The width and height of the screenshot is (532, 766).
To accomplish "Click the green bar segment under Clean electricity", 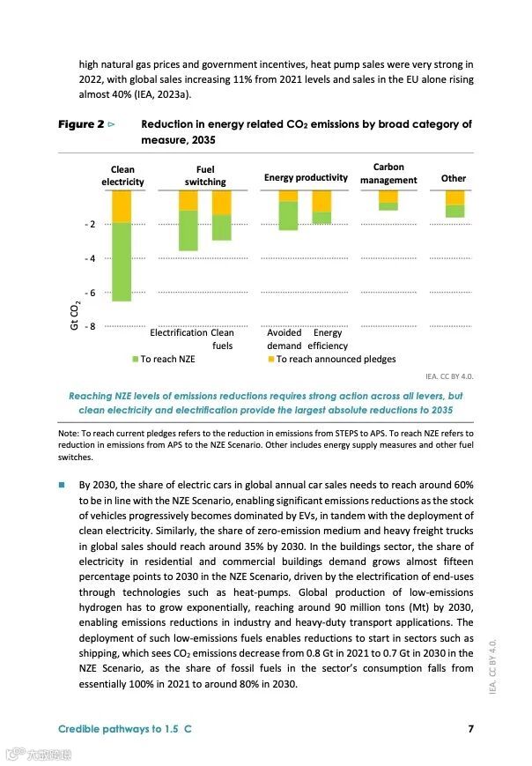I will pyautogui.click(x=122, y=262).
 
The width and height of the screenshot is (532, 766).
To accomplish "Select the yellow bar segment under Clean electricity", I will pyautogui.click(x=122, y=206).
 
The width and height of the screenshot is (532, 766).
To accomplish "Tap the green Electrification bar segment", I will pyautogui.click(x=188, y=230).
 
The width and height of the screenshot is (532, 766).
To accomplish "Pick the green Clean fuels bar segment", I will pyautogui.click(x=222, y=227).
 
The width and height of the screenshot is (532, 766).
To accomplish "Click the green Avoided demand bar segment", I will pyautogui.click(x=288, y=216).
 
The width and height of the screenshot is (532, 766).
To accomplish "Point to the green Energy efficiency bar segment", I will pyautogui.click(x=321, y=218).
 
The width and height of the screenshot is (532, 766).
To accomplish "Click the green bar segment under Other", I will pyautogui.click(x=454, y=211).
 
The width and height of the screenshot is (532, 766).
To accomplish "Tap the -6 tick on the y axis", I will pyautogui.click(x=90, y=292).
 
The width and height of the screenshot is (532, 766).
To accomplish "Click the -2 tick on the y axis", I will pyautogui.click(x=90, y=225).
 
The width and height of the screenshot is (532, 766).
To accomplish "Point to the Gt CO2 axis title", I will pyautogui.click(x=76, y=315).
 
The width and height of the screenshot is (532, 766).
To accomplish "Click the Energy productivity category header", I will pyautogui.click(x=306, y=178).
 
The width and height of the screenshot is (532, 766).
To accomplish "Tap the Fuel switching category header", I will pyautogui.click(x=205, y=175).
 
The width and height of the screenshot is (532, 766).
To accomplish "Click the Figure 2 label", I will pyautogui.click(x=82, y=124).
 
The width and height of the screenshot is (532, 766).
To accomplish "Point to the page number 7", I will pyautogui.click(x=471, y=729).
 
